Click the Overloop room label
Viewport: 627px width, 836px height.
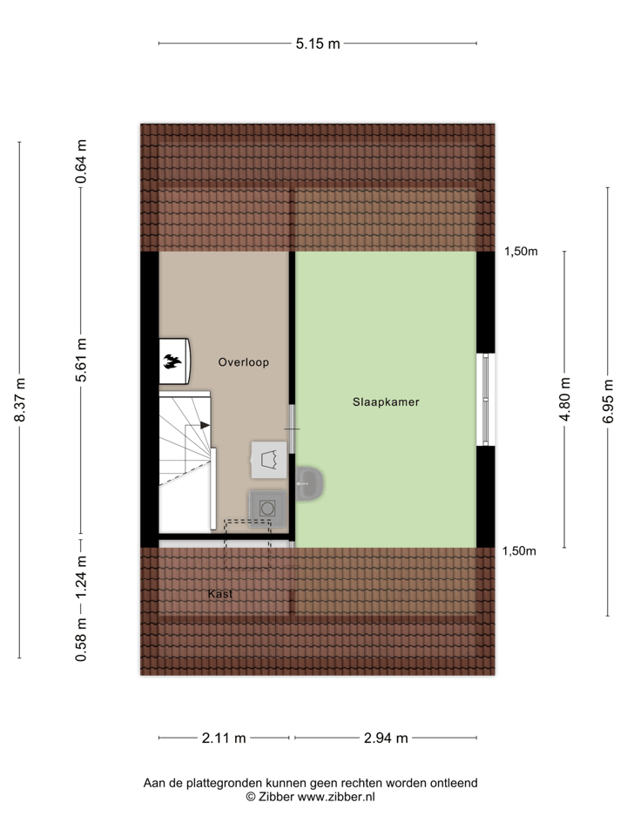tap(244, 362)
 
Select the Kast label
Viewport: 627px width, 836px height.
tap(221, 594)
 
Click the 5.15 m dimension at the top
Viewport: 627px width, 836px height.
tap(317, 44)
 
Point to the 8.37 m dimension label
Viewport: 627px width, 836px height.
tap(19, 400)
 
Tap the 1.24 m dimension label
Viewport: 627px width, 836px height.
tap(81, 577)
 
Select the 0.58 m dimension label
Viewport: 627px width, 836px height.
tap(81, 638)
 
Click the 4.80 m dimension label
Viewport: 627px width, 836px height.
tap(564, 400)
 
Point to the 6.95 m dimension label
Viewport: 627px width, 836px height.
tap(608, 400)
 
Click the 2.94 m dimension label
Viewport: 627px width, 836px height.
tap(385, 738)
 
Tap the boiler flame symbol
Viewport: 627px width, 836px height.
tap(173, 361)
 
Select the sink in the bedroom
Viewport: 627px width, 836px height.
tap(308, 482)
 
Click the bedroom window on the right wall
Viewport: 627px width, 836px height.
tap(486, 400)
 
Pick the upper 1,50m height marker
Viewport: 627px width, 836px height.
tap(521, 253)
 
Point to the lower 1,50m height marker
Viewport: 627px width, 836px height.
tap(521, 550)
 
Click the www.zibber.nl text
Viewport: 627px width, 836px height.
tap(336, 796)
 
